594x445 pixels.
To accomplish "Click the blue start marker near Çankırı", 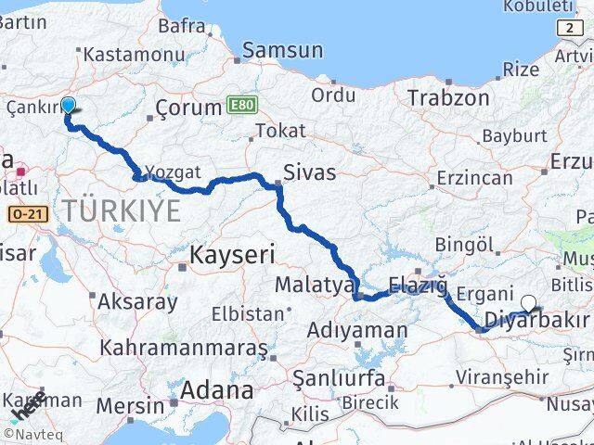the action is pos(68,107).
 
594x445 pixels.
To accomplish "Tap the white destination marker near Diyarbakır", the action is pos(529,302).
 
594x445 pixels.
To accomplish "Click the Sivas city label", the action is pos(309,172).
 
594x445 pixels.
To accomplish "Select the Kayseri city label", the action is pos(232,253).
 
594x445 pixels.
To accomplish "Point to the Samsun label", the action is pos(282,51).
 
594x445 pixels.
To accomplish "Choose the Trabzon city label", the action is pos(448,96).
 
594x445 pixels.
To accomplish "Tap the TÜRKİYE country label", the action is pos(122,210).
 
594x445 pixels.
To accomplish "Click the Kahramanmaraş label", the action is pos(184,349).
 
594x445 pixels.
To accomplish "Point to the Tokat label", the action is pos(280,131).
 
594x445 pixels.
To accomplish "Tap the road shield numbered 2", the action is pos(569,29).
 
